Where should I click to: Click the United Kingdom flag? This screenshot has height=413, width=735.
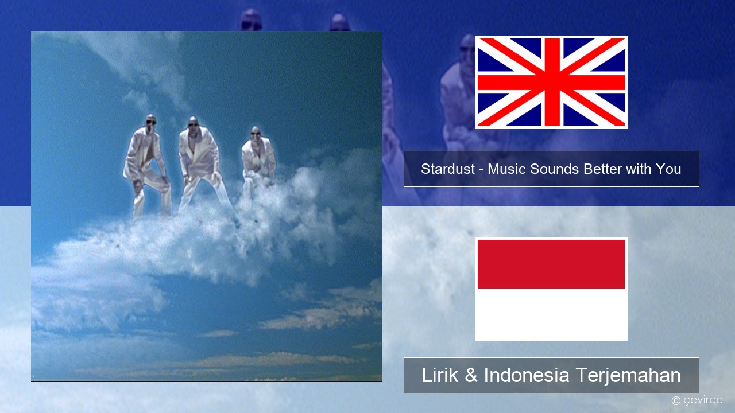(x=551, y=82)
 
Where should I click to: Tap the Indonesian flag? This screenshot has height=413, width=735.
(x=551, y=289)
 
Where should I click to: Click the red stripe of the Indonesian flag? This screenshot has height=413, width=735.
(x=551, y=264)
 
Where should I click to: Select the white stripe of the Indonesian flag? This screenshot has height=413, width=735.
(x=551, y=314)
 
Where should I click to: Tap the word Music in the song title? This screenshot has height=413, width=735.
(x=507, y=169)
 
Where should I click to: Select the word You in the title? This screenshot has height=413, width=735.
(x=668, y=169)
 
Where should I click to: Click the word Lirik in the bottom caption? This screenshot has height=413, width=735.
(x=440, y=375)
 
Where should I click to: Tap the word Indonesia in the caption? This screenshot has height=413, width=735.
(x=527, y=375)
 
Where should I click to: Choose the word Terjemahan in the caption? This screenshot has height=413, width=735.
(x=628, y=375)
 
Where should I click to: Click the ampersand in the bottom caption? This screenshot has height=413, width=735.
(x=471, y=375)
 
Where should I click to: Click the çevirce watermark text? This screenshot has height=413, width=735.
(x=703, y=400)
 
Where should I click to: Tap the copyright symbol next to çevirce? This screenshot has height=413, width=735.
(x=676, y=400)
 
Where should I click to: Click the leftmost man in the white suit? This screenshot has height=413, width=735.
(x=146, y=166)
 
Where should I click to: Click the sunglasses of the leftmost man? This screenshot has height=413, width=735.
(x=151, y=122)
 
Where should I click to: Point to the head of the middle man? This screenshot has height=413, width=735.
(x=194, y=123)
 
